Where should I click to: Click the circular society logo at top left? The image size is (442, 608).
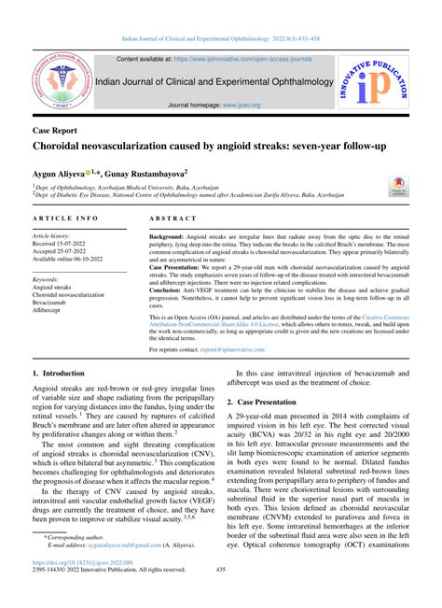pos(59,82)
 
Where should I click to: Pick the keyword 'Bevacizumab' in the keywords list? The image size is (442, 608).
pos(55,303)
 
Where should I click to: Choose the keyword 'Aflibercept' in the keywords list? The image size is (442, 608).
pos(52,311)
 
